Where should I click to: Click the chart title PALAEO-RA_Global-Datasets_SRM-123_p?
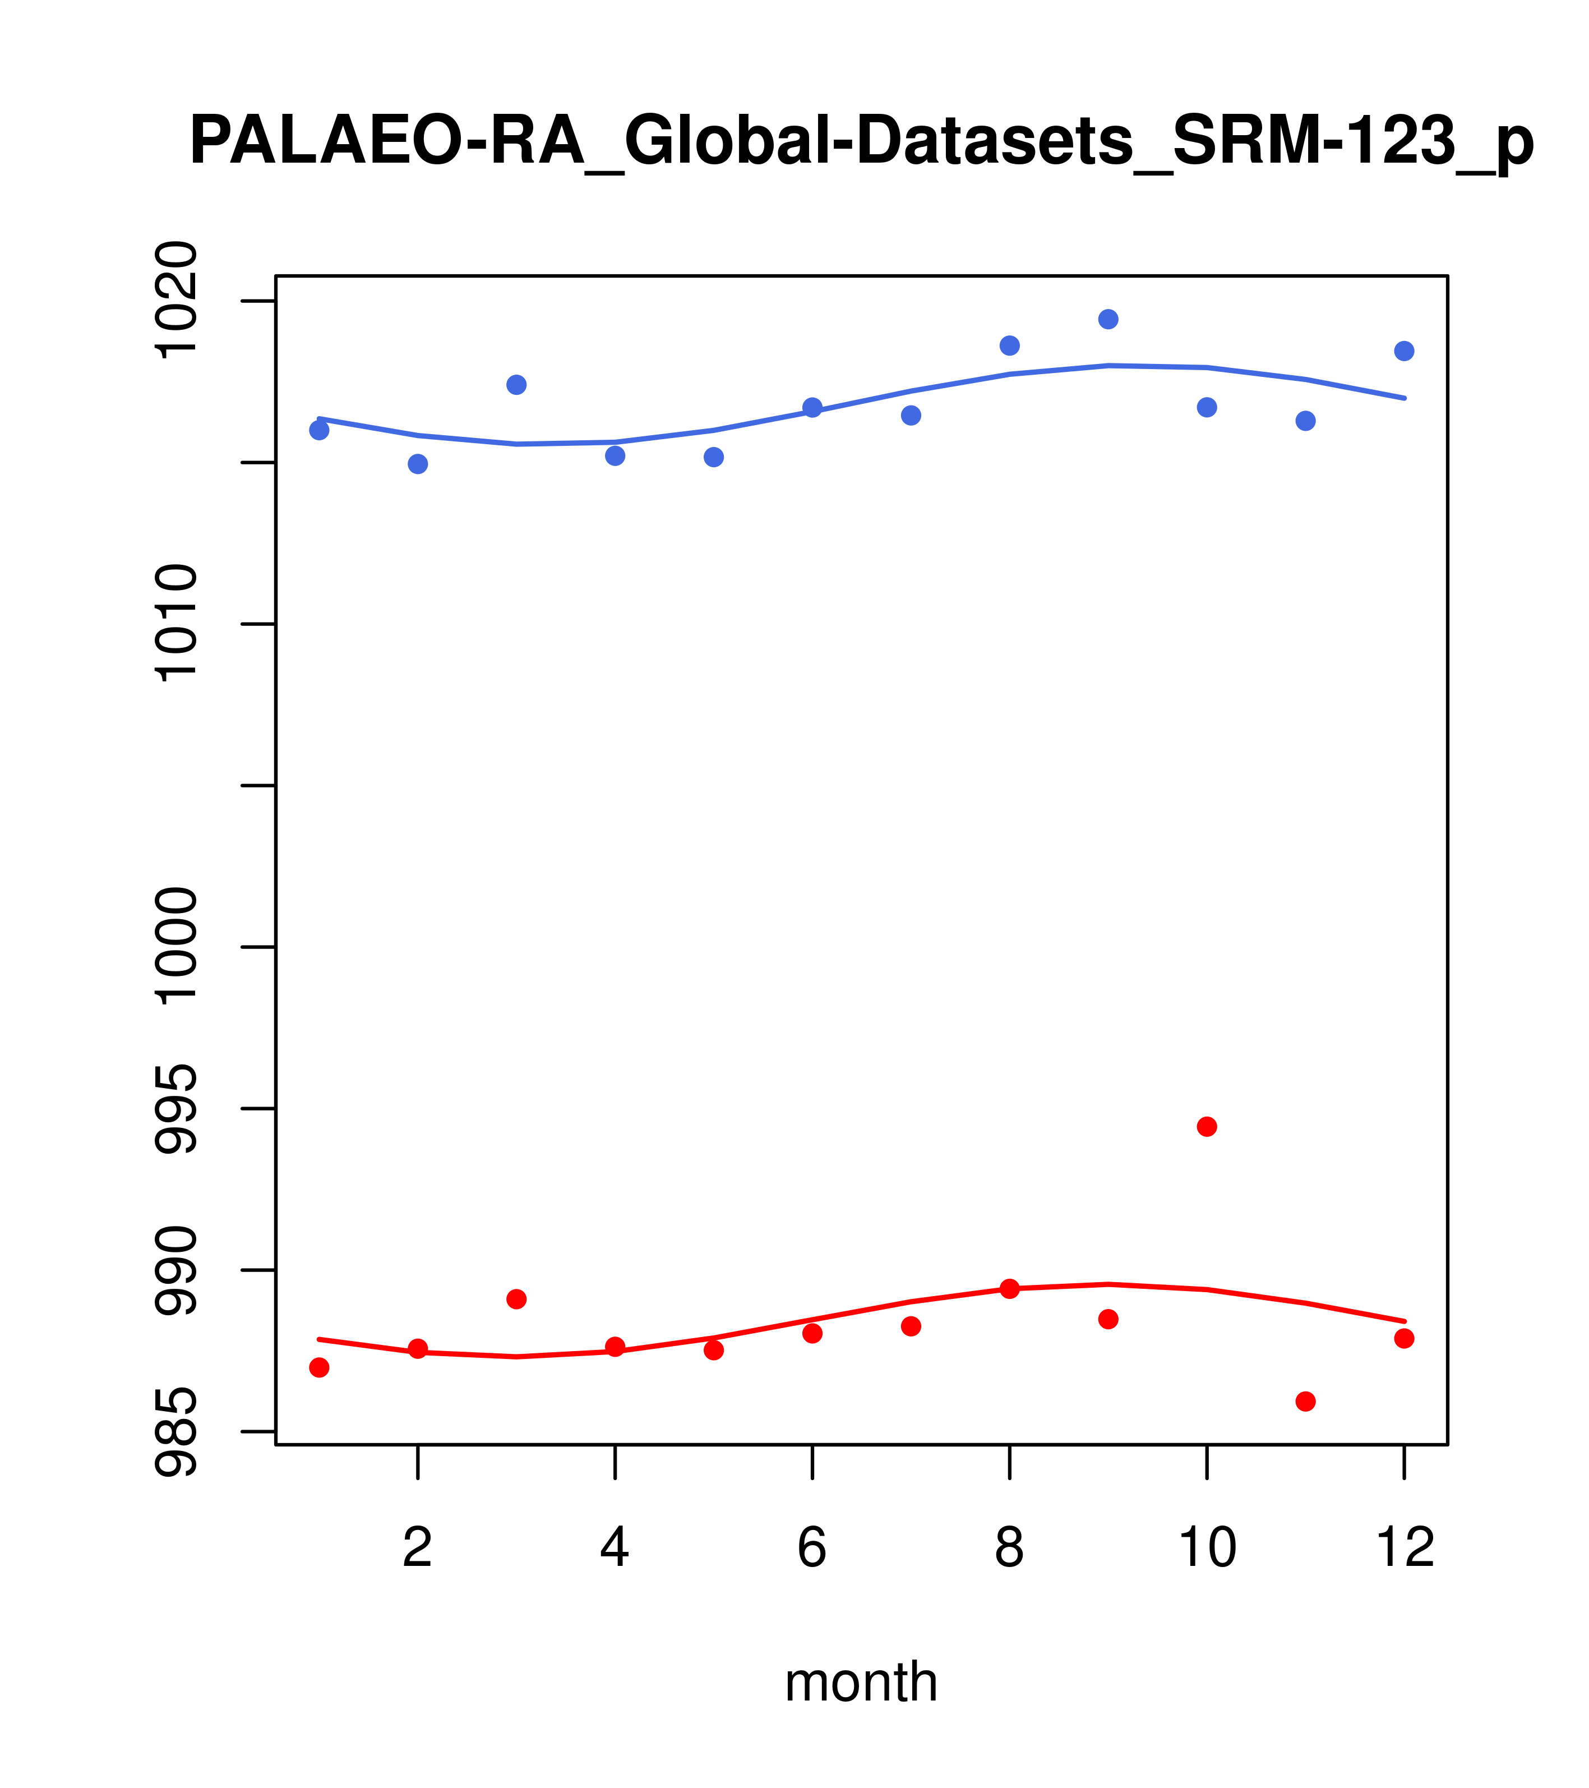pos(861,142)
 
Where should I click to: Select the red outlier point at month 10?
pos(1207,1127)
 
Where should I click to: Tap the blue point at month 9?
pos(1108,319)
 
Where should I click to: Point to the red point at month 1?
pos(319,1367)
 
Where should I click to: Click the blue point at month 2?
pos(418,464)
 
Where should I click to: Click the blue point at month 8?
pos(1009,345)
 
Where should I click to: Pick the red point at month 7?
pos(911,1326)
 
